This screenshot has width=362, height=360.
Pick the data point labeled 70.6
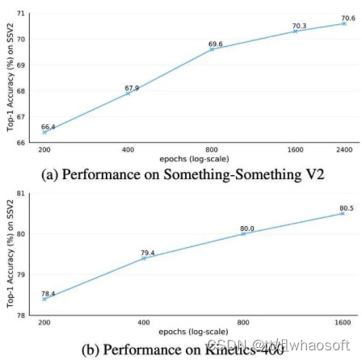pyautogui.click(x=344, y=23)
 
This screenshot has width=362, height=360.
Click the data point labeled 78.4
pyautogui.click(x=44, y=298)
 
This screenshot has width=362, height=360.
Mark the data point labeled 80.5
pyautogui.click(x=343, y=213)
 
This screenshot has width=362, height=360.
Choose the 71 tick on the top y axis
pyautogui.click(x=20, y=15)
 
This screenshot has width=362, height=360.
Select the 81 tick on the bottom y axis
pyautogui.click(x=20, y=194)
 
